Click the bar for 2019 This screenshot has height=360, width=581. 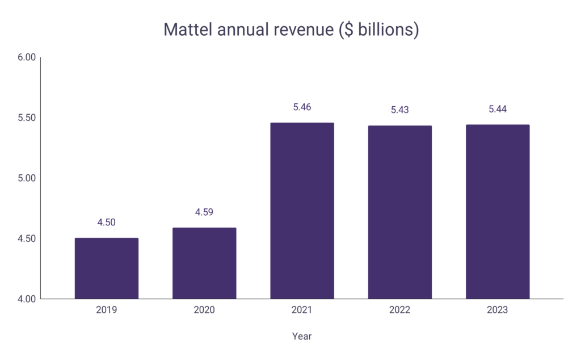tap(106, 268)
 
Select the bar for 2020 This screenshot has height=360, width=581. tap(204, 263)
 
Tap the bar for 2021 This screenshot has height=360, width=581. tap(302, 211)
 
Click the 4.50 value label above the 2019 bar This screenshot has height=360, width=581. tap(106, 223)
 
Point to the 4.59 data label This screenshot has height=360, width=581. tap(204, 212)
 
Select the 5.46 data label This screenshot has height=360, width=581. tap(302, 107)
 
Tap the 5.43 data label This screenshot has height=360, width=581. tap(400, 110)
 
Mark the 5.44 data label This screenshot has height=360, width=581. tap(498, 109)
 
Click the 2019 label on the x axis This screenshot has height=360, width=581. tap(106, 310)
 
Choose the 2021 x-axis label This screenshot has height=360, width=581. tap(302, 310)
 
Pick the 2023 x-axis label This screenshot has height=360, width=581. tap(498, 310)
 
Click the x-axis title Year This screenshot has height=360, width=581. tap(302, 336)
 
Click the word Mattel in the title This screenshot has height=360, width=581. tap(185, 30)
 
